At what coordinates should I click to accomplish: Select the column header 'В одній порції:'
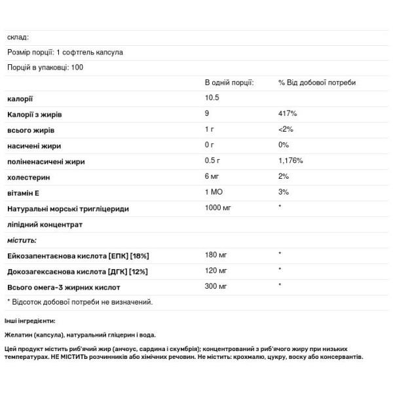coord(229,83)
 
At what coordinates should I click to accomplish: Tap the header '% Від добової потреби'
coord(312,83)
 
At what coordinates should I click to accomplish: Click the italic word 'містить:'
coord(22,240)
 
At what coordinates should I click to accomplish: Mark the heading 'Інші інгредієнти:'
coord(29,321)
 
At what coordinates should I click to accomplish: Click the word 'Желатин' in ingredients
coord(19,335)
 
